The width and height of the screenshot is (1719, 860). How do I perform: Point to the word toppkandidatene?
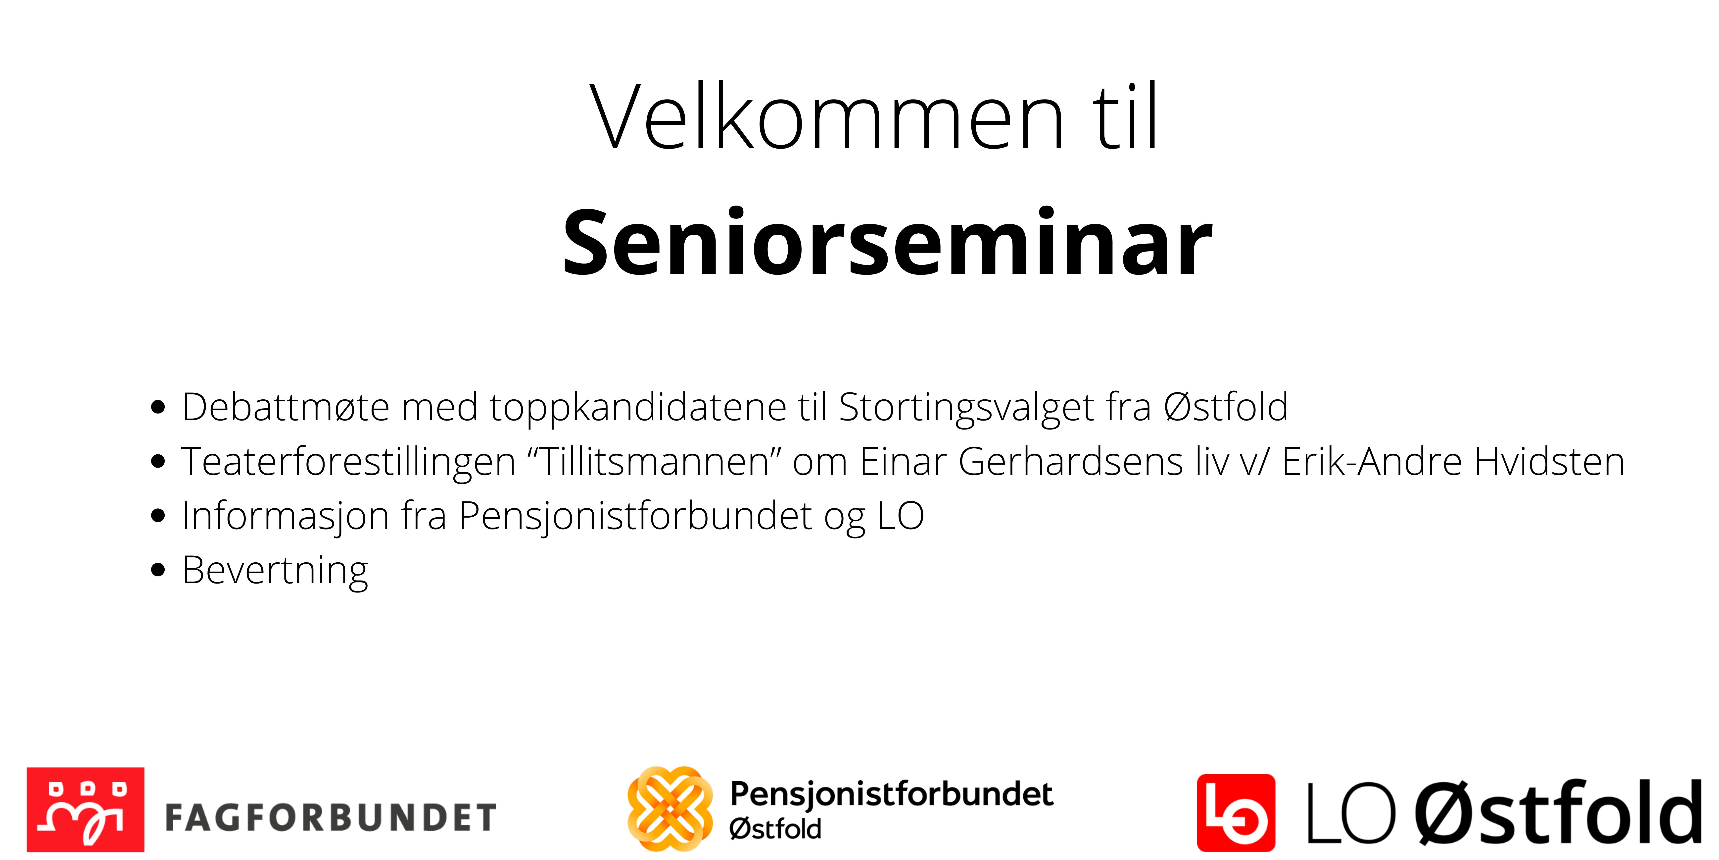(x=638, y=408)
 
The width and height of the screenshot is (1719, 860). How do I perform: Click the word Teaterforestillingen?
(x=348, y=462)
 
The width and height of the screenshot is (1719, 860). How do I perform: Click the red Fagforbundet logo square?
(x=85, y=809)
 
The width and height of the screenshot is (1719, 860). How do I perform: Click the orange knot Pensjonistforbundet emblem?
(x=669, y=808)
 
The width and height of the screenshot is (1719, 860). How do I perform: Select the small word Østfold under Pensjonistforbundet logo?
(x=775, y=829)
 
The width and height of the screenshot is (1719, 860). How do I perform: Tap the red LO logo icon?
(x=1236, y=812)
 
